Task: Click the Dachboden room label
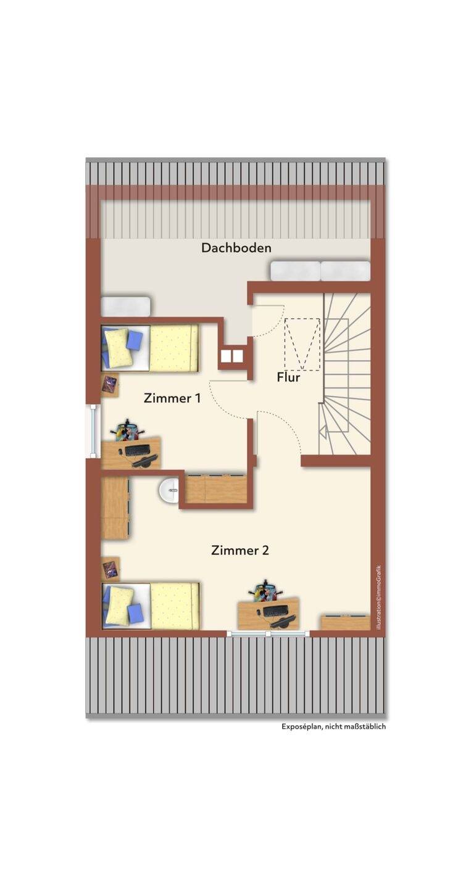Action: pos(236,248)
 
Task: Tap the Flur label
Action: pos(288,377)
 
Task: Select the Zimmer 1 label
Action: pos(172,398)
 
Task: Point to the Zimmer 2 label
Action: pos(240,550)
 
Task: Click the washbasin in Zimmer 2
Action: pos(169,490)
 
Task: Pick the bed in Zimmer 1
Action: pos(150,348)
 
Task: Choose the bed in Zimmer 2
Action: pos(150,606)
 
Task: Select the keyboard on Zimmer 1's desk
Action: pos(138,450)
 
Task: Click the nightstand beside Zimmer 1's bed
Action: pos(110,384)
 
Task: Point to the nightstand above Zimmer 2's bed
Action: pos(110,569)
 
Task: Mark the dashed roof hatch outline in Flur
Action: pos(302,344)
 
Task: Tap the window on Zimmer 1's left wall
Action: pos(93,430)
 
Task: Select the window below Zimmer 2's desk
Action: pos(269,634)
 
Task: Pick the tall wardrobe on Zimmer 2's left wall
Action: pos(115,508)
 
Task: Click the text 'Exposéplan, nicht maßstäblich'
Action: pos(334,726)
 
